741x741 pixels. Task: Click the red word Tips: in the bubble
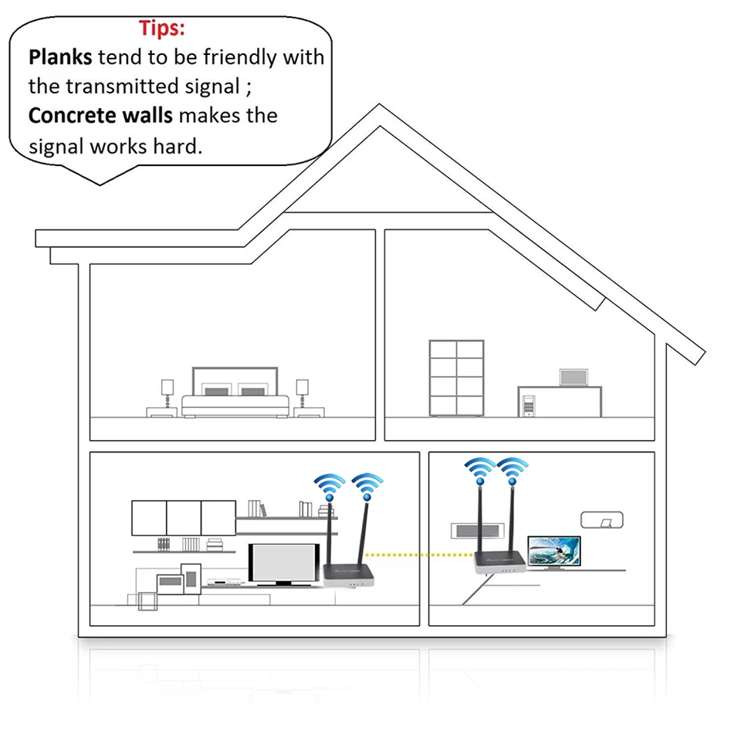tap(162, 29)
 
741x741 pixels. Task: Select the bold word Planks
tap(60, 57)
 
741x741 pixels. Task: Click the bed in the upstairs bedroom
tap(235, 398)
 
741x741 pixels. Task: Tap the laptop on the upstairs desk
tap(574, 377)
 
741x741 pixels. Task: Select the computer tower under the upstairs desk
tap(528, 405)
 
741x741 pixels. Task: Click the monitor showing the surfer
tap(555, 551)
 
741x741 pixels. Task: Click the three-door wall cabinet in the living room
tap(183, 518)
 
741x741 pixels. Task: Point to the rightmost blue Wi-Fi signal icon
tap(512, 469)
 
